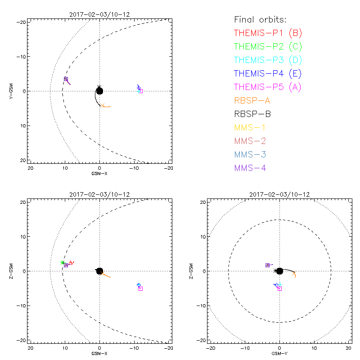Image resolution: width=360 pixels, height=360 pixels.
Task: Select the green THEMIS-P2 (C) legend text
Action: click(x=268, y=47)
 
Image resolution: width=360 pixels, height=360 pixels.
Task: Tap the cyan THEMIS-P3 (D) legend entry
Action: click(x=268, y=60)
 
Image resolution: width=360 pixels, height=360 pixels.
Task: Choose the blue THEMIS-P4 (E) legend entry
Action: click(x=268, y=74)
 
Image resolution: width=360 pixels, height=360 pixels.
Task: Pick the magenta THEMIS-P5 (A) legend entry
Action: click(x=268, y=87)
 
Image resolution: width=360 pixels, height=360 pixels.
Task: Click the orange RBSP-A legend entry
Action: click(x=252, y=101)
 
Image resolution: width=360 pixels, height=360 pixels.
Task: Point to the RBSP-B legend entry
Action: click(x=252, y=114)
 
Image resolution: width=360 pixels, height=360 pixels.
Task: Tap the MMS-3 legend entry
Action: click(x=250, y=155)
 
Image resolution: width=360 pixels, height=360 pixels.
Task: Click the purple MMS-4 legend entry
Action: click(x=250, y=168)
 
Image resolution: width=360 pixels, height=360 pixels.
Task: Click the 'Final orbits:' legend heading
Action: click(x=260, y=20)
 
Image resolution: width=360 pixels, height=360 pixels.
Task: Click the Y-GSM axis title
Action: click(x=12, y=91)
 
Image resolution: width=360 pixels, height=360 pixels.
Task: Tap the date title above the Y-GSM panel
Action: click(x=99, y=14)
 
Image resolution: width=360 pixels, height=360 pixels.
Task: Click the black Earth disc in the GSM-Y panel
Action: click(x=279, y=271)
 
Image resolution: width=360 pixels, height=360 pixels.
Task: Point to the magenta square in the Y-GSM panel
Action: click(x=141, y=91)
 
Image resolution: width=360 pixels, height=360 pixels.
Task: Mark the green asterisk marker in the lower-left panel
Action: click(x=63, y=262)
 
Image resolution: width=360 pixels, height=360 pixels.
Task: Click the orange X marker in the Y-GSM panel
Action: click(x=103, y=105)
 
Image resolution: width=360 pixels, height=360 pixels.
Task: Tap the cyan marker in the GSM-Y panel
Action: click(x=280, y=285)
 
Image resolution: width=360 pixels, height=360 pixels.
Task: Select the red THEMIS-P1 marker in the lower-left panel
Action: click(x=71, y=263)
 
